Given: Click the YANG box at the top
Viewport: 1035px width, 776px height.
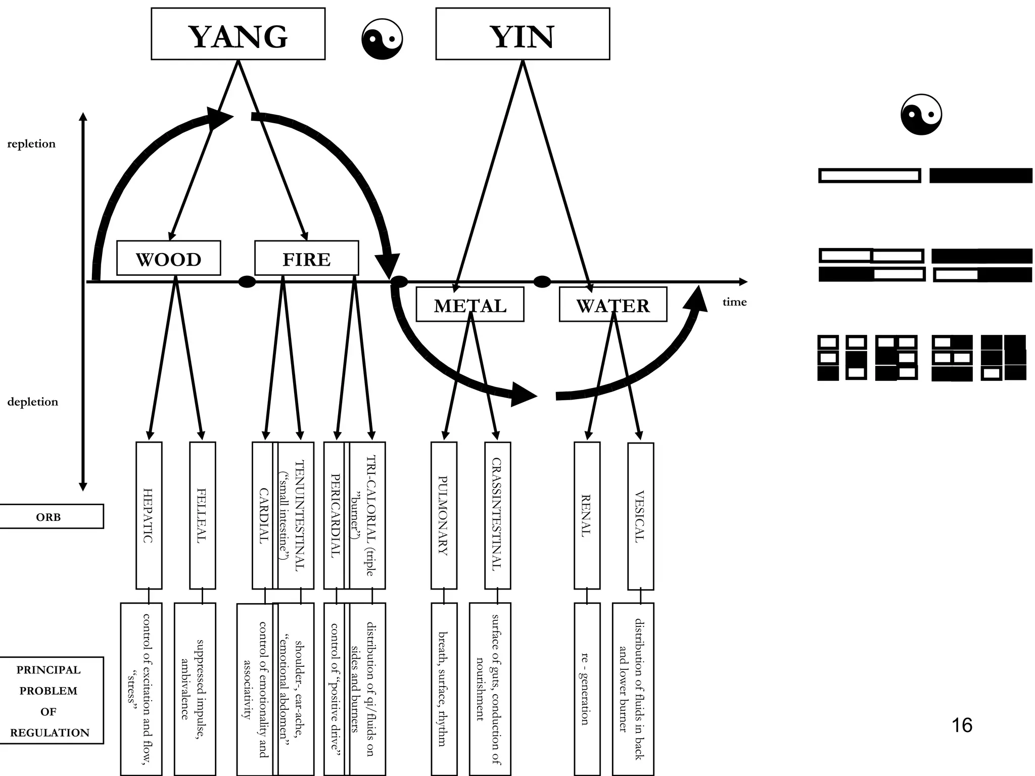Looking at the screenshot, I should pyautogui.click(x=238, y=34).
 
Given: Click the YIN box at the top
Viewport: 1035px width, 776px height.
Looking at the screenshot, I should pyautogui.click(x=523, y=34).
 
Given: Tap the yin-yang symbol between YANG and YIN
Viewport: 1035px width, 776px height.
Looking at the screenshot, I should pyautogui.click(x=382, y=39).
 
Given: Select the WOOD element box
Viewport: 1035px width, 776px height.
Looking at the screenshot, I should pyautogui.click(x=168, y=258).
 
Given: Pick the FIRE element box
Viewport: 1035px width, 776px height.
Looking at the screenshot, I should pyautogui.click(x=306, y=258).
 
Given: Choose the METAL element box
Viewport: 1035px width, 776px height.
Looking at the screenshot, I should pyautogui.click(x=469, y=305).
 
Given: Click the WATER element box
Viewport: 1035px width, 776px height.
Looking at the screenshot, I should pyautogui.click(x=613, y=305).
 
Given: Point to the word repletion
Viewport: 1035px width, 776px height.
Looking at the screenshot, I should pyautogui.click(x=31, y=144).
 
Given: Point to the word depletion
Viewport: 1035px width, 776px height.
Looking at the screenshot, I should pyautogui.click(x=32, y=402).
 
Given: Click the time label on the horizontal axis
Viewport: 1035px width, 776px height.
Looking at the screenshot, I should pyautogui.click(x=734, y=302).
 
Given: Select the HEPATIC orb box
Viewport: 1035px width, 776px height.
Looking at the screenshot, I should pyautogui.click(x=149, y=515).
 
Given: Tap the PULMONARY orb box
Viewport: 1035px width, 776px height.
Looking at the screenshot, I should pyautogui.click(x=444, y=515).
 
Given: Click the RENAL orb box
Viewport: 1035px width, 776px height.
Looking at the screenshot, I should pyautogui.click(x=587, y=515).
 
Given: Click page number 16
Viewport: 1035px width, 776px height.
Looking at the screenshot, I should pyautogui.click(x=962, y=725).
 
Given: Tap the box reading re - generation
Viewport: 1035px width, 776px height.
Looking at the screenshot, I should pyautogui.click(x=587, y=689).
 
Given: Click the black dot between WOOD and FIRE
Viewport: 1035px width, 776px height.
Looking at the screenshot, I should pyautogui.click(x=247, y=282).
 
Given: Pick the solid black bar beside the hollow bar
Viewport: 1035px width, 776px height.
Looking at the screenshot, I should pyautogui.click(x=980, y=175).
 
